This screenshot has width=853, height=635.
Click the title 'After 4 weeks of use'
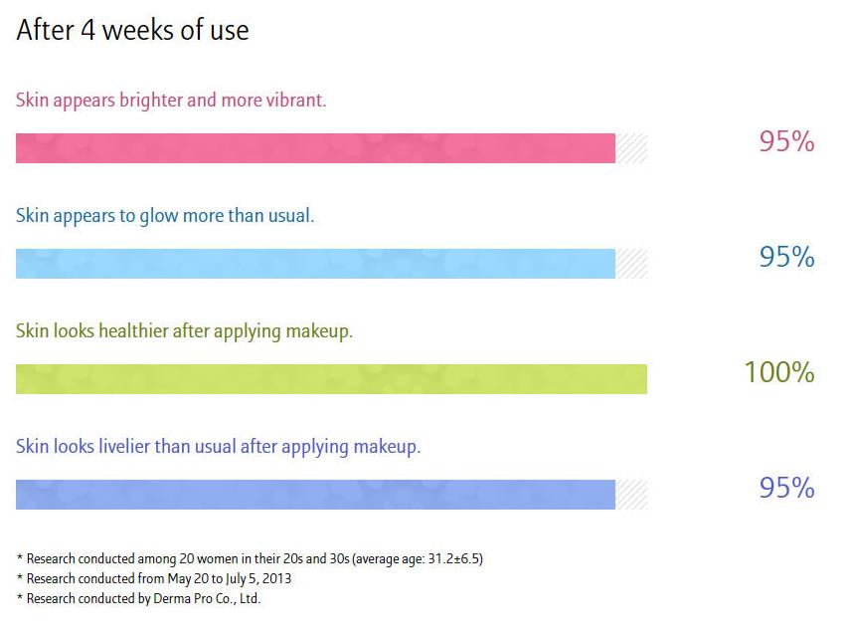[x=133, y=30]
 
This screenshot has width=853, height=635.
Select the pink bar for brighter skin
[x=315, y=148]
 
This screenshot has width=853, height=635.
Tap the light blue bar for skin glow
[x=315, y=264]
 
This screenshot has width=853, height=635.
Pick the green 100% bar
[x=331, y=379]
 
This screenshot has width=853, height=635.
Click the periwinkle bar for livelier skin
[x=315, y=495]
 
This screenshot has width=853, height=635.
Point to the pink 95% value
[x=786, y=141]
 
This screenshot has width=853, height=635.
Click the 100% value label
[x=779, y=372]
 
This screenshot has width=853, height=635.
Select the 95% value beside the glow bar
[x=786, y=257]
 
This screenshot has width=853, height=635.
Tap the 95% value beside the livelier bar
[x=786, y=488]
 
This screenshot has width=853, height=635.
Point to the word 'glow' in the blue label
[x=158, y=217]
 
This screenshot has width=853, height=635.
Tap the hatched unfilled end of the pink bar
[x=631, y=148]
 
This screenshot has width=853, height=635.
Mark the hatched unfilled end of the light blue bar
[x=631, y=264]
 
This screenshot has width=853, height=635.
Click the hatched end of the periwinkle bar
[x=631, y=495]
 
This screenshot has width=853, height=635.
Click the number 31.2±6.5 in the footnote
[x=453, y=558]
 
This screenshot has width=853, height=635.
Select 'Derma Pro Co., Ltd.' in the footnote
[x=207, y=598]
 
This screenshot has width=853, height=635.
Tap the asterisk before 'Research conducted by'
[x=20, y=597]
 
